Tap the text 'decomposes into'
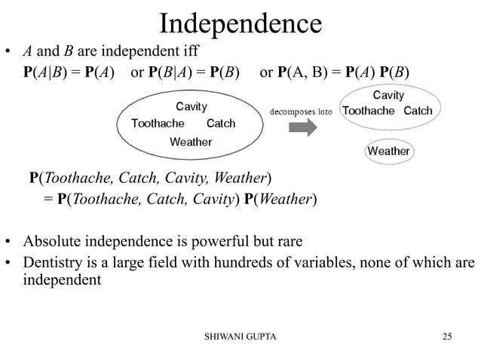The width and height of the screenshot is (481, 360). (x=301, y=111)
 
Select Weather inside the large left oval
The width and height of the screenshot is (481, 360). (x=191, y=141)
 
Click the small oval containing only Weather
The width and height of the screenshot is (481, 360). (x=388, y=151)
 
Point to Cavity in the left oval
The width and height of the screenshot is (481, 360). (x=191, y=106)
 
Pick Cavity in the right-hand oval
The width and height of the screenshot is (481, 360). (x=388, y=96)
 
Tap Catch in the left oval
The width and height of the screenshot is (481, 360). (x=221, y=123)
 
